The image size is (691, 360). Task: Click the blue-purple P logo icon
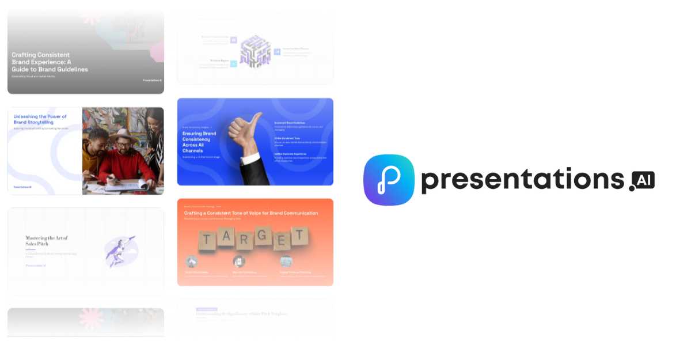(389, 180)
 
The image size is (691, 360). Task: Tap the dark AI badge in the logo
(642, 180)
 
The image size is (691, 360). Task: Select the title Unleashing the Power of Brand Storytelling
(40, 119)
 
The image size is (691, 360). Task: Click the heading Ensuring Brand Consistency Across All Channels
(199, 142)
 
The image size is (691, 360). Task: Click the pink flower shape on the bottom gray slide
(90, 319)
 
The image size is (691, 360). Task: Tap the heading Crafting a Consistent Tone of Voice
(250, 213)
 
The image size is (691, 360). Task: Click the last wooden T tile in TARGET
(299, 236)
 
